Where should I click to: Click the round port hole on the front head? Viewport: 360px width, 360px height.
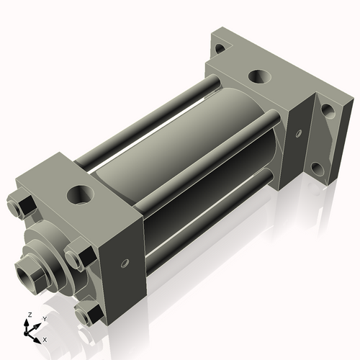coord(81,194)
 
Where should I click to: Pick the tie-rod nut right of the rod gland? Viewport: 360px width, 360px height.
coord(77,258)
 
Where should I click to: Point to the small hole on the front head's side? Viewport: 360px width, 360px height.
coord(126,264)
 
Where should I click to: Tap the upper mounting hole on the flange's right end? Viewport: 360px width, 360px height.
coord(327,110)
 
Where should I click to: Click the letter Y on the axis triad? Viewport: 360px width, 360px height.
coord(45,318)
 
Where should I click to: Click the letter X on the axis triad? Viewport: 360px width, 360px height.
coord(45,338)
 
